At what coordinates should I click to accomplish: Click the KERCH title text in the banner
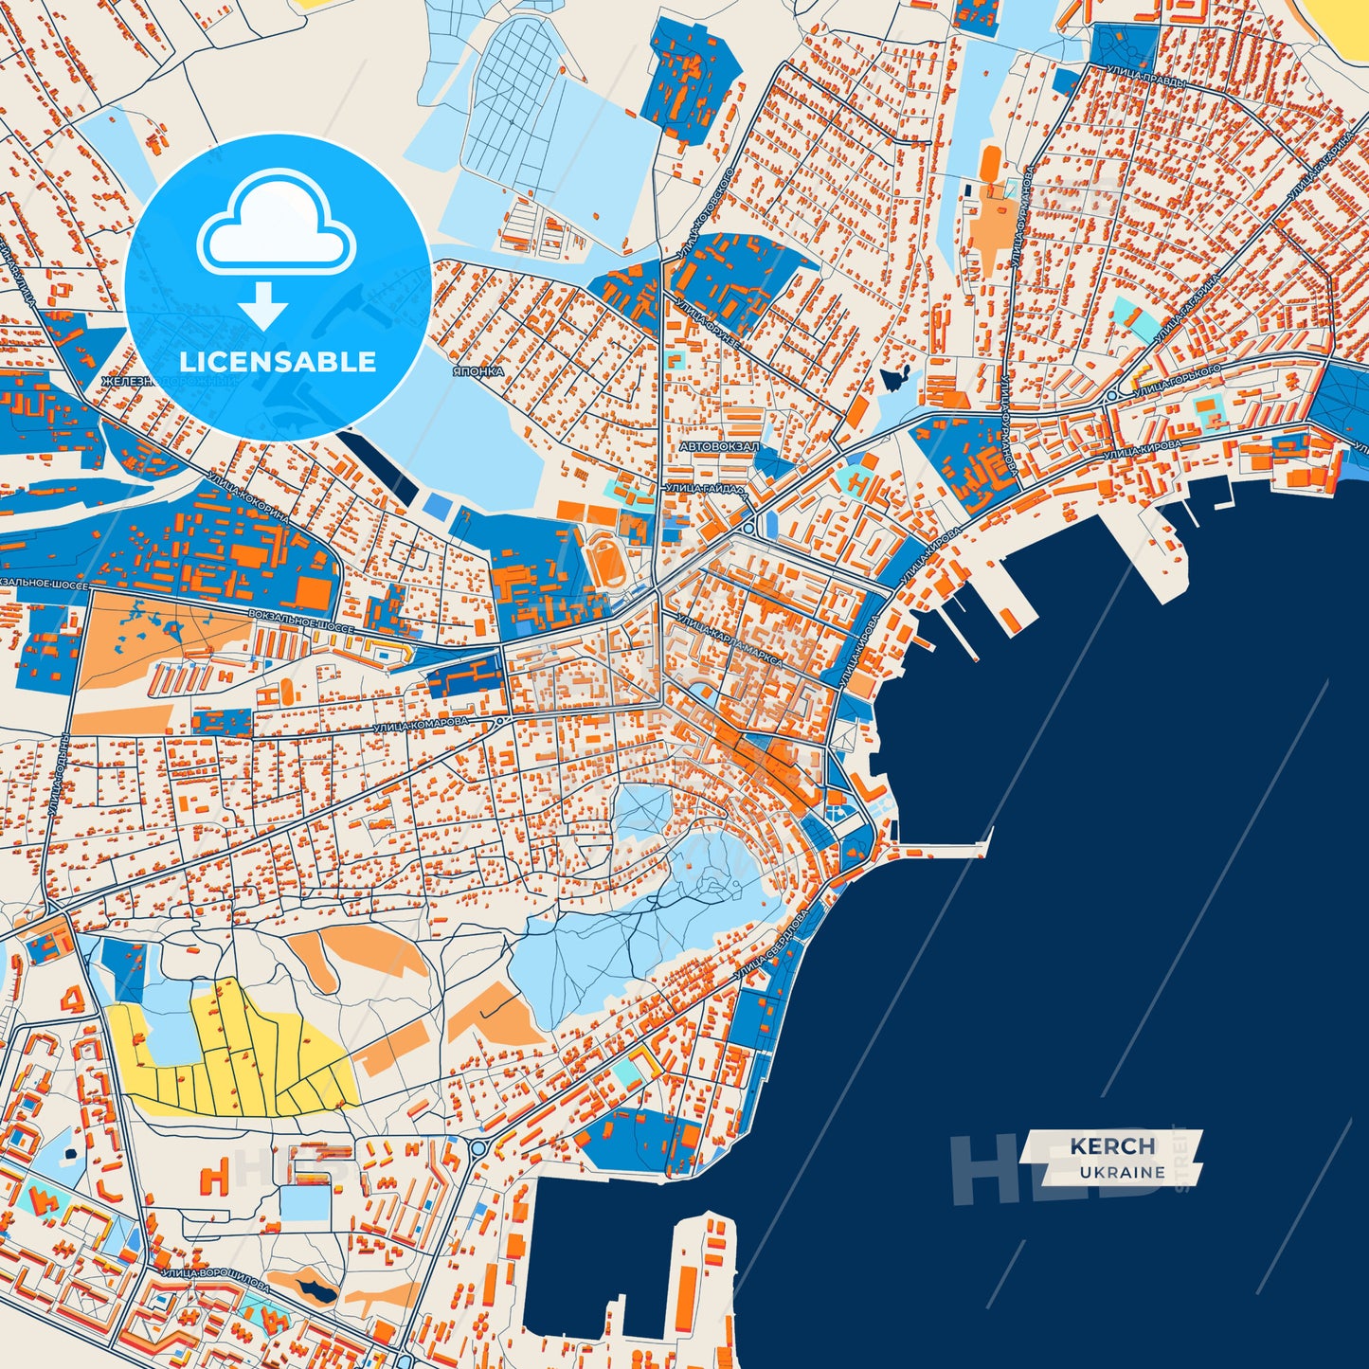point(1112,1146)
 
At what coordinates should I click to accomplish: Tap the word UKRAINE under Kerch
point(1122,1172)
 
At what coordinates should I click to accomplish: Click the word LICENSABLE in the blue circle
point(278,362)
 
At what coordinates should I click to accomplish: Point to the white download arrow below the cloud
point(263,305)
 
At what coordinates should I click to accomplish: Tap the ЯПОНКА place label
point(477,371)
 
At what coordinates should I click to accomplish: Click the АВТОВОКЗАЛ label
point(719,445)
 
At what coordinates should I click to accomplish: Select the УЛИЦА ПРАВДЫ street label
point(1145,79)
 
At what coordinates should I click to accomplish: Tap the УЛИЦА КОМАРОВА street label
point(421,725)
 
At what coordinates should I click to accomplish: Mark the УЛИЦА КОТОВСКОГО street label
point(705,214)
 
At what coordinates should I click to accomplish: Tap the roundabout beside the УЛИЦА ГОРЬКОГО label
point(1111,395)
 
